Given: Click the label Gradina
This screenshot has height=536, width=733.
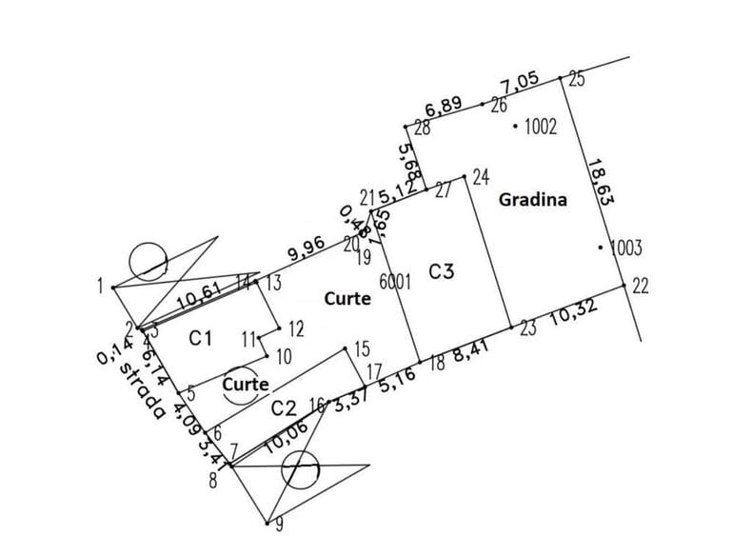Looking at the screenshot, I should [x=532, y=200].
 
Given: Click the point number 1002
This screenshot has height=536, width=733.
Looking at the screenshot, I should [x=540, y=126].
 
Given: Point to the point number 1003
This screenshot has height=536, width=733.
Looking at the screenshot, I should [x=626, y=248].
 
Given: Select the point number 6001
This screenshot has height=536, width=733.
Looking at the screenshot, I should [x=394, y=282].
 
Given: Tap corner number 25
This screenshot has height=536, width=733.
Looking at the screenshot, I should [x=577, y=79].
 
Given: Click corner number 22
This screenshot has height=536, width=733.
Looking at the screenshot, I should [x=640, y=286].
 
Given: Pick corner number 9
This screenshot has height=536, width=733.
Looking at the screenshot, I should [x=278, y=524].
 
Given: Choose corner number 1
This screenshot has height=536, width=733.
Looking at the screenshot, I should [x=100, y=285].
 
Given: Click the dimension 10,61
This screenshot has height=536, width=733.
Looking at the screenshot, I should [x=200, y=298].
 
